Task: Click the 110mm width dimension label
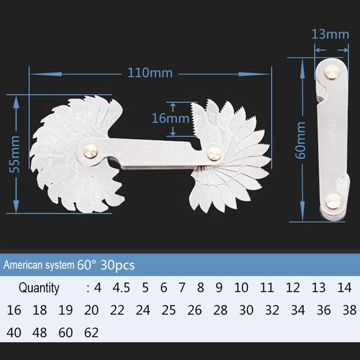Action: [150, 73]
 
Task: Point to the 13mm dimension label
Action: [330, 34]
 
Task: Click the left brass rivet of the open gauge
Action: [92, 150]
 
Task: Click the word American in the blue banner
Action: [24, 264]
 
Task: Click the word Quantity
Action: [39, 288]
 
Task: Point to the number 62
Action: [91, 332]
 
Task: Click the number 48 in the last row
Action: [40, 332]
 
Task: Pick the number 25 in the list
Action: [168, 310]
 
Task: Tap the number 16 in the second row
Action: [14, 310]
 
